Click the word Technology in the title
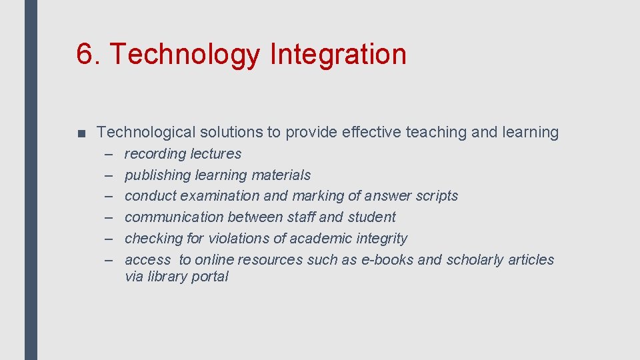click(182, 54)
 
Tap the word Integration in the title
click(338, 54)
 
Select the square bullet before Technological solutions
click(81, 133)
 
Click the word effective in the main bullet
click(371, 133)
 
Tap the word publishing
click(157, 175)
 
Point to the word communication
click(174, 217)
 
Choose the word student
click(372, 217)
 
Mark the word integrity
click(383, 239)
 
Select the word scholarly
click(475, 260)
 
